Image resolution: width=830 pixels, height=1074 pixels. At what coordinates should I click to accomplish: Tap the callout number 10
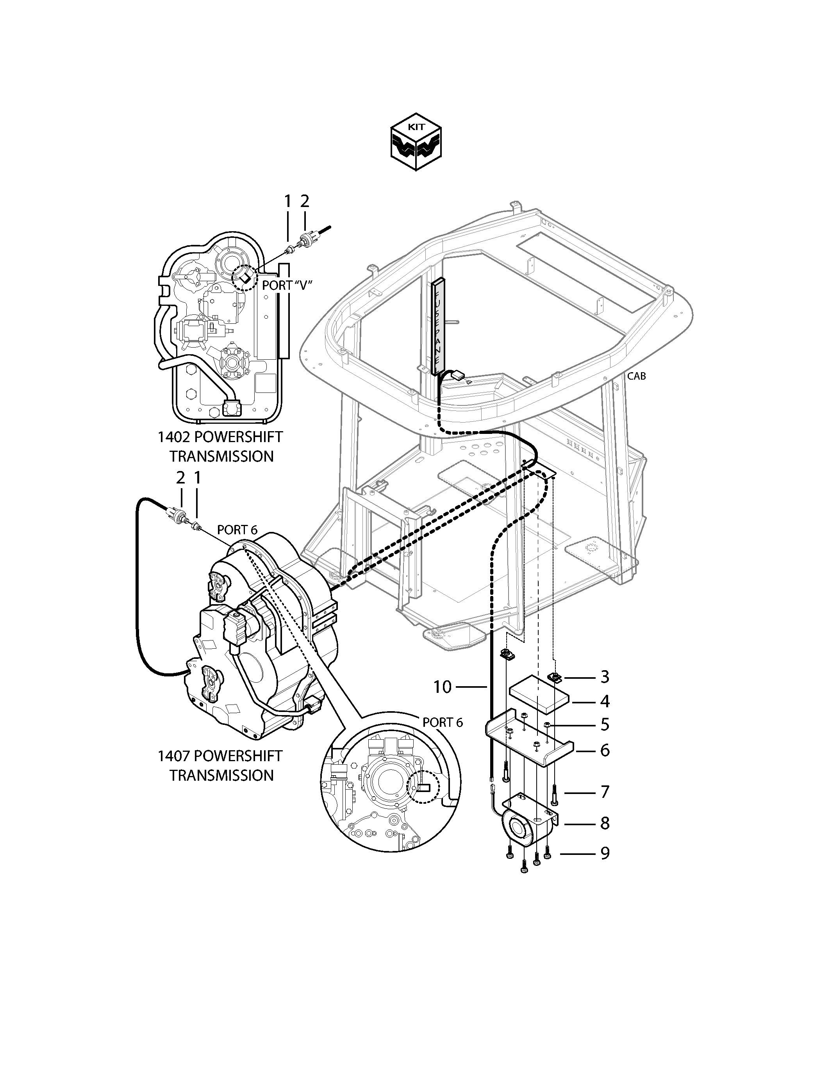tap(442, 687)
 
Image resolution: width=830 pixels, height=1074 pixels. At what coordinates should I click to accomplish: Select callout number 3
tap(605, 677)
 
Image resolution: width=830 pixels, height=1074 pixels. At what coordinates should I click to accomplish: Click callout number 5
tap(605, 724)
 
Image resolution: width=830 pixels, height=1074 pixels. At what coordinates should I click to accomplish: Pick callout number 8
tap(605, 823)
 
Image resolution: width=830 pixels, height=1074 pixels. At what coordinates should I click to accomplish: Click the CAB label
tap(636, 376)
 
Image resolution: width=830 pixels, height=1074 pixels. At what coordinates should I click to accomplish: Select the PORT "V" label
tap(287, 285)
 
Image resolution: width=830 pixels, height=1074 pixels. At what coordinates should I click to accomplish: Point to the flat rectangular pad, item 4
tap(539, 694)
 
